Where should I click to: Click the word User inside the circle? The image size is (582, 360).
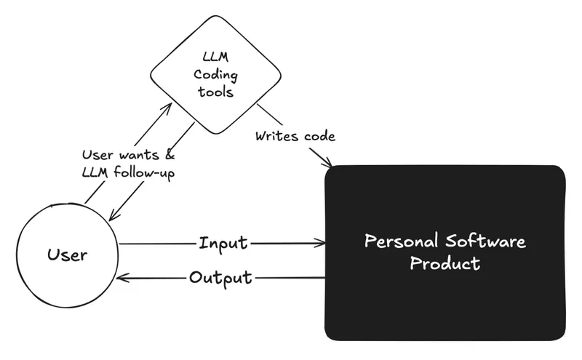pyautogui.click(x=67, y=255)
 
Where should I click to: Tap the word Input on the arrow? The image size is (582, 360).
pyautogui.click(x=223, y=243)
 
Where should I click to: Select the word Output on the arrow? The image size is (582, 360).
pyautogui.click(x=220, y=278)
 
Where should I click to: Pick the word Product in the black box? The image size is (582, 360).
pyautogui.click(x=445, y=263)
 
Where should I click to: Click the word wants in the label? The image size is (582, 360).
pyautogui.click(x=137, y=156)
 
